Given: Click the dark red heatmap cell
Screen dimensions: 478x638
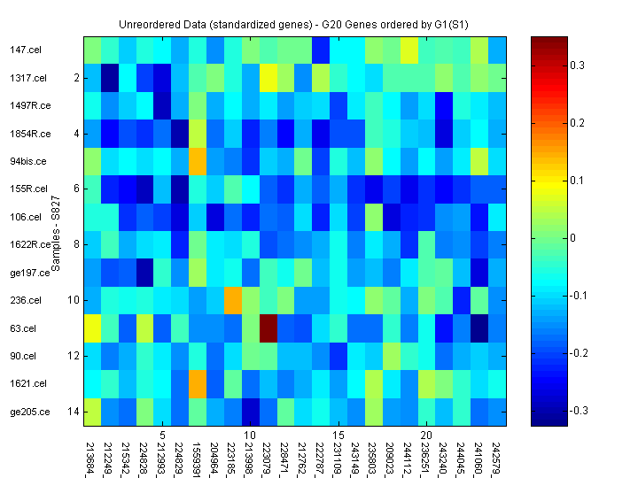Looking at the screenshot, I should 268,328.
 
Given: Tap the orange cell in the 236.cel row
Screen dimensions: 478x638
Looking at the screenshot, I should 233,300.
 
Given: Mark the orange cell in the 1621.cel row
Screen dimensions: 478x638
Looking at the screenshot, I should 198,383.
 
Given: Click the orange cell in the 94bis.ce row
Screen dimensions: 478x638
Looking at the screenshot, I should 198,161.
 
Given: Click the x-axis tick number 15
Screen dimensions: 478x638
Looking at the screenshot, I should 338,436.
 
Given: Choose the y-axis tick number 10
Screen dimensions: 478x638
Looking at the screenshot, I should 74,301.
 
